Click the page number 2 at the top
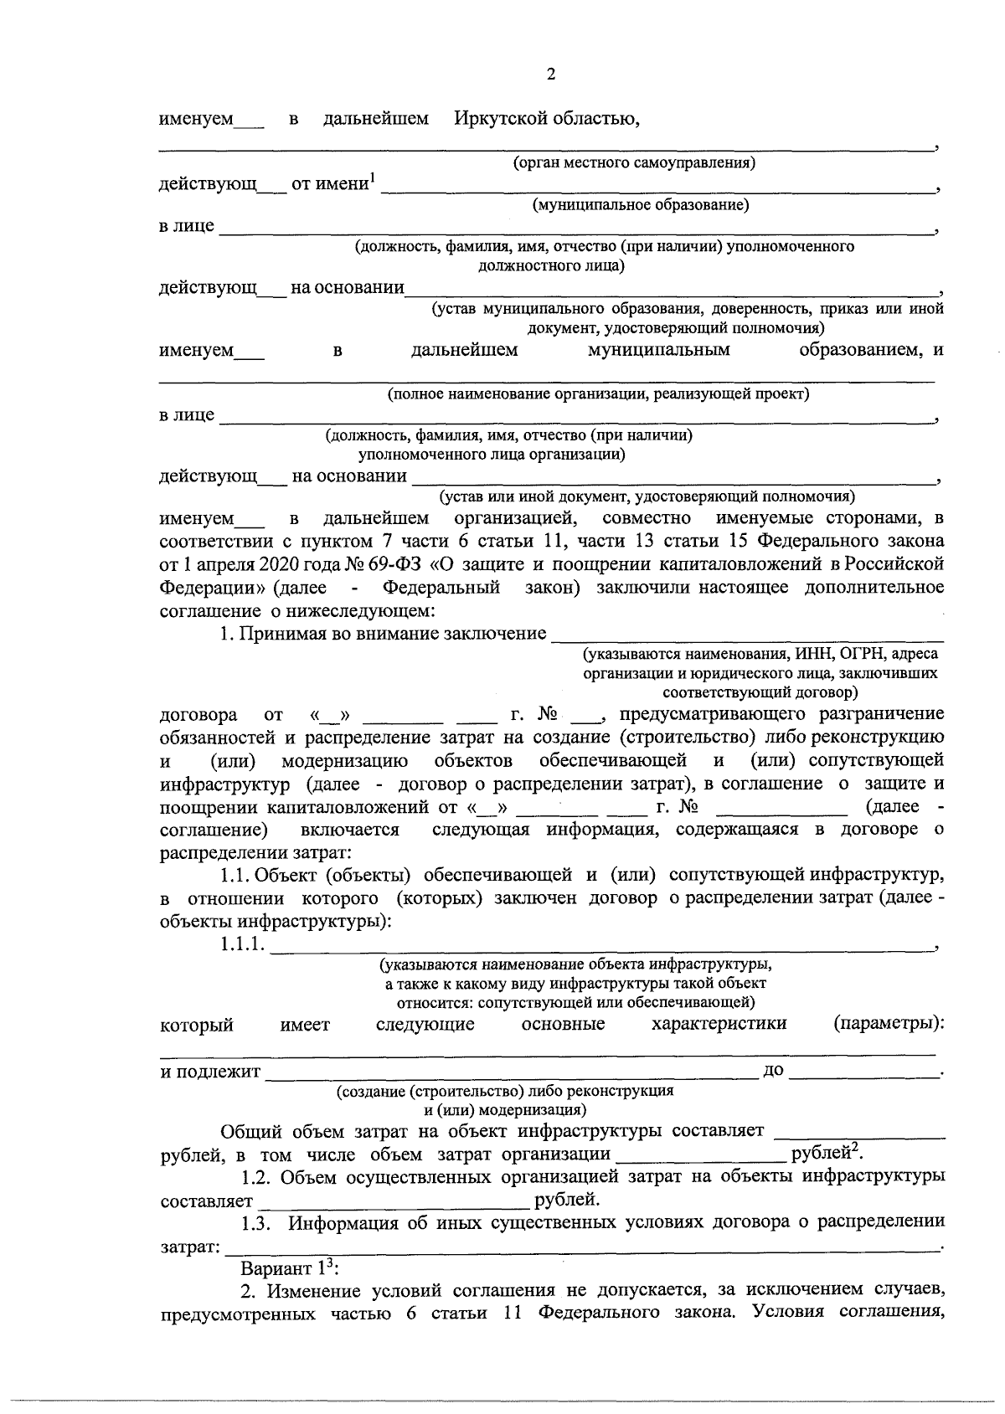(550, 75)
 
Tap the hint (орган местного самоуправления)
(634, 162)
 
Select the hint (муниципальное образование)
(641, 204)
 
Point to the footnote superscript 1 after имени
(373, 177)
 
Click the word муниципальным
(658, 350)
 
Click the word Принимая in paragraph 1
(281, 634)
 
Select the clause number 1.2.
(255, 1177)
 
